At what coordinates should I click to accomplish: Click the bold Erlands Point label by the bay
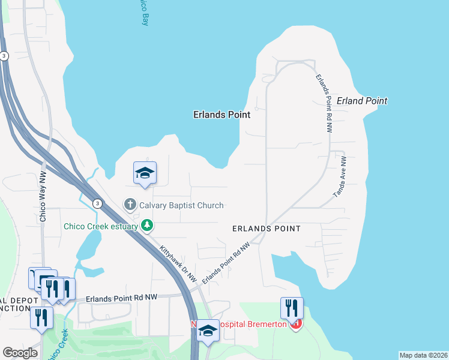(x=221, y=114)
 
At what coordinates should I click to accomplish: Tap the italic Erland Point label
(x=362, y=101)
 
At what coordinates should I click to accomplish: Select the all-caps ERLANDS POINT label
(x=267, y=229)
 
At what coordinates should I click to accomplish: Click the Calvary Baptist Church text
(x=181, y=205)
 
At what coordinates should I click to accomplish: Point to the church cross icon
(x=130, y=205)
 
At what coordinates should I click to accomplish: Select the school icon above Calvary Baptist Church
(x=145, y=173)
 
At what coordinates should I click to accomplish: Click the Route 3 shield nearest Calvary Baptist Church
(x=97, y=204)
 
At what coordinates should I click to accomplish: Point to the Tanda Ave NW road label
(x=340, y=178)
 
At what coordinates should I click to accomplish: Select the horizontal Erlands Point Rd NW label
(x=121, y=298)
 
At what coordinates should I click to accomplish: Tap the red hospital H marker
(x=295, y=325)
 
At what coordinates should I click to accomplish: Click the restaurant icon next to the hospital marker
(x=292, y=308)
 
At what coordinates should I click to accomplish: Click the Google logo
(x=20, y=353)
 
